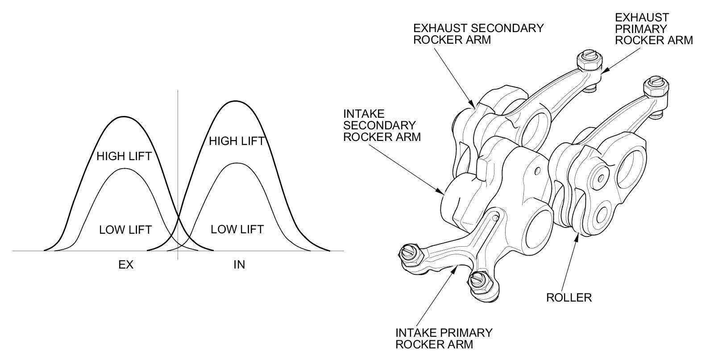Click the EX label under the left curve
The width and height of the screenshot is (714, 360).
[126, 265]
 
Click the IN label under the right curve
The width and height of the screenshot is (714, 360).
[239, 265]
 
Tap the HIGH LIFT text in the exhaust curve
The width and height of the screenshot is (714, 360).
[124, 156]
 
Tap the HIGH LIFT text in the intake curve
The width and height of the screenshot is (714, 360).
[237, 141]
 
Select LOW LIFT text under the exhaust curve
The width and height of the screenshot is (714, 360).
[125, 230]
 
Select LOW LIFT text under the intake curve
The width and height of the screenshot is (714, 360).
[237, 229]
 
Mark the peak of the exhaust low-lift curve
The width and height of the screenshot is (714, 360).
[124, 169]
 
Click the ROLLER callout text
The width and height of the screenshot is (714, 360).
[569, 298]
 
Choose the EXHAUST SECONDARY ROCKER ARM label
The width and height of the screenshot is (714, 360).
[478, 33]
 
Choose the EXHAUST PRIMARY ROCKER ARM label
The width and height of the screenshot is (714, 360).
[654, 29]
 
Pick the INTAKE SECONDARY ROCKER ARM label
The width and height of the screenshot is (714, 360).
[382, 125]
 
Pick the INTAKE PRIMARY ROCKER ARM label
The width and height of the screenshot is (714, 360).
[444, 338]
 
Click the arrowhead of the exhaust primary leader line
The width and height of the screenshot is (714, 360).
[602, 71]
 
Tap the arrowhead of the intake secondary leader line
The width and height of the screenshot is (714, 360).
[444, 194]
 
